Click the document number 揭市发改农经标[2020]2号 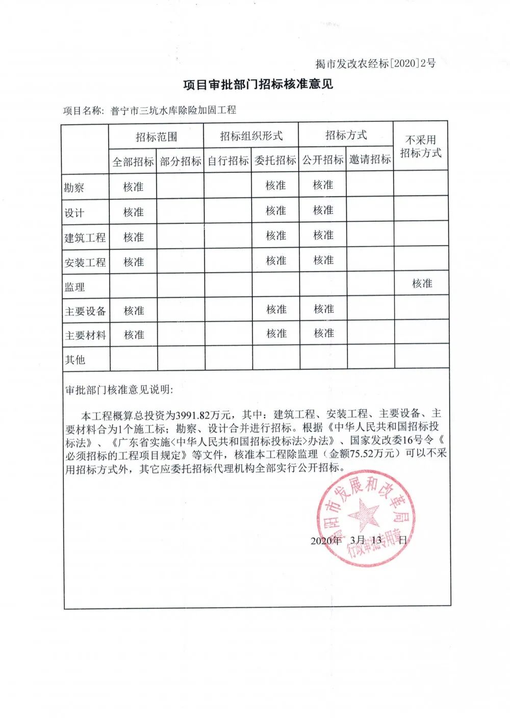(375, 63)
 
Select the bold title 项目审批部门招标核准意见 (258, 84)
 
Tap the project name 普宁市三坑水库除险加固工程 (173, 110)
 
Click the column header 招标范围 (156, 137)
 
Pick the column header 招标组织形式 (251, 136)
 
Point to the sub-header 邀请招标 (370, 159)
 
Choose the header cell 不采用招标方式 (421, 146)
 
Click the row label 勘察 (74, 188)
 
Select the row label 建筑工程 (85, 237)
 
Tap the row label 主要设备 (85, 311)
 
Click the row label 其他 (75, 360)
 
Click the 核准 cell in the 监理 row (422, 283)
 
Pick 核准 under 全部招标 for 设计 (134, 212)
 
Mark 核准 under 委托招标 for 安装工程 (276, 261)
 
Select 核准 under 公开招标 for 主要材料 (324, 333)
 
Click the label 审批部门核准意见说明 (119, 390)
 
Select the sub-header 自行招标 (228, 161)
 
